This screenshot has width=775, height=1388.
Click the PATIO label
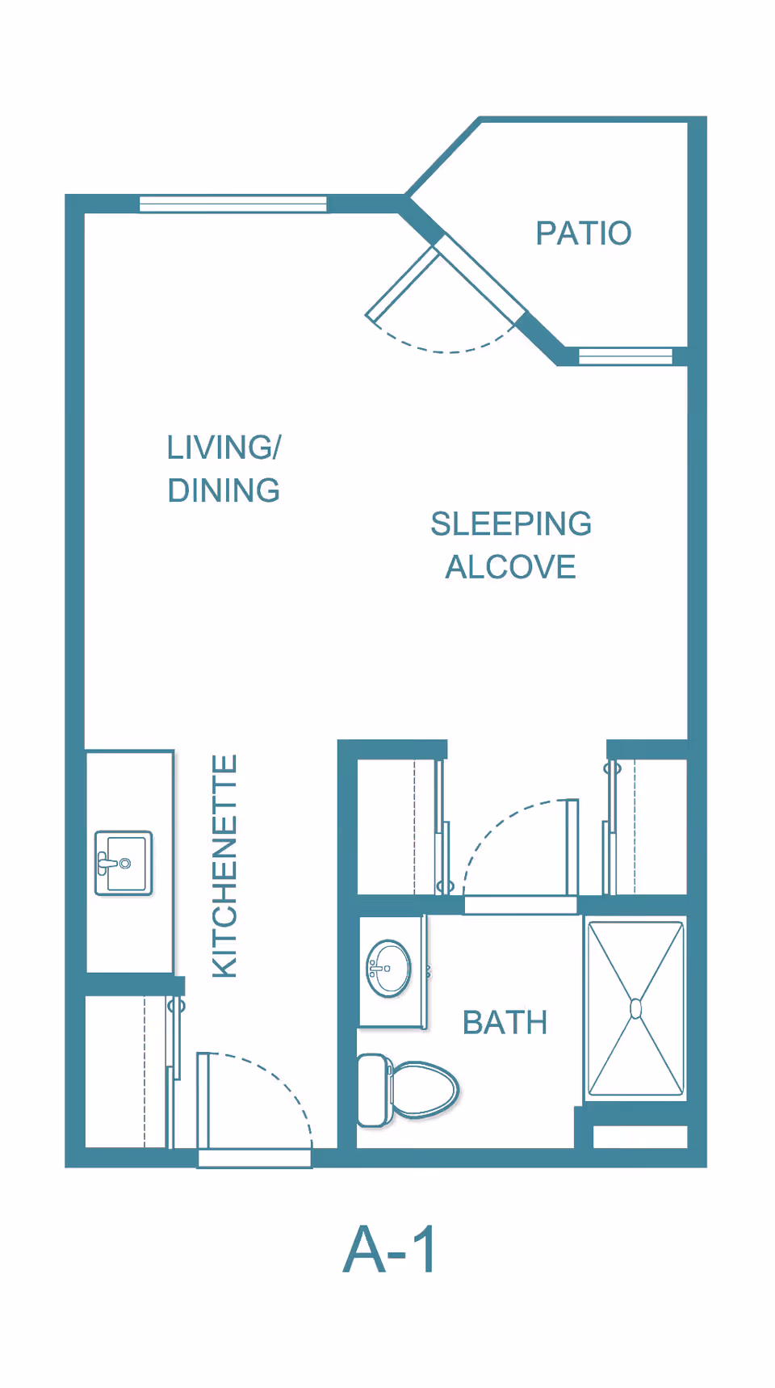(584, 233)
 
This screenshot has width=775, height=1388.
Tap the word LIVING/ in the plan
(224, 447)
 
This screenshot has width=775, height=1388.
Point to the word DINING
(224, 490)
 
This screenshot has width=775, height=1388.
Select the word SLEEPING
(511, 524)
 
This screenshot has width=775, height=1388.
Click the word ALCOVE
(511, 567)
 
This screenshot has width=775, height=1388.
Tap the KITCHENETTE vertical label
(224, 866)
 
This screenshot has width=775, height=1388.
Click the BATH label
(505, 1023)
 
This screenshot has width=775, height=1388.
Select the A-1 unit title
(391, 1249)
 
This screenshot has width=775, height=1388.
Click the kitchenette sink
(124, 863)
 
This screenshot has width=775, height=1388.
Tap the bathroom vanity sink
(388, 968)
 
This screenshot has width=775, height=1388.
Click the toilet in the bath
(408, 1090)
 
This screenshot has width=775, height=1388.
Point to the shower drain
(636, 1008)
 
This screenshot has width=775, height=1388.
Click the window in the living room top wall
(233, 204)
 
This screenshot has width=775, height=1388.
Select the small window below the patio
(626, 356)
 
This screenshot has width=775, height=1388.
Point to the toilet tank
(374, 1090)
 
